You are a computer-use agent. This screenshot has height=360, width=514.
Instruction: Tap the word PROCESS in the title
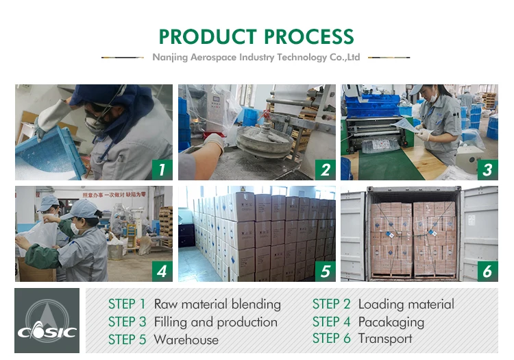(305, 36)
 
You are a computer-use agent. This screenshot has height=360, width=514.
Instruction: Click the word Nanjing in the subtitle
(169, 58)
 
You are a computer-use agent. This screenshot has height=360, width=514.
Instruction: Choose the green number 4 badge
(162, 272)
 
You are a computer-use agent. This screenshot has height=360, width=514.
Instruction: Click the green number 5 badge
(325, 272)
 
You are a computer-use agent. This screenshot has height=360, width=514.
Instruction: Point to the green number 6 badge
(487, 272)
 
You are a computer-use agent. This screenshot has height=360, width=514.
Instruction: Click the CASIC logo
(47, 321)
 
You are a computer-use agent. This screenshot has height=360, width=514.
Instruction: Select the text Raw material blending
(217, 304)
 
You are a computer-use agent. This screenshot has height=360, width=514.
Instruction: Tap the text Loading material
(406, 304)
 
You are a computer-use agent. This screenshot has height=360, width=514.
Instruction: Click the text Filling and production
(215, 322)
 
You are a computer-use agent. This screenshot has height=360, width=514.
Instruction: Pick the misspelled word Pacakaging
(391, 322)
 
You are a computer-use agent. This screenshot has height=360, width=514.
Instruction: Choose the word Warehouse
(186, 339)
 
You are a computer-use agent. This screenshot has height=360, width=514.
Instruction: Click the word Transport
(385, 339)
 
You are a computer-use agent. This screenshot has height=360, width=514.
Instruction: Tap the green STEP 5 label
(127, 339)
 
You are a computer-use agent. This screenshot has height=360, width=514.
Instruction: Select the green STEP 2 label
(332, 304)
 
